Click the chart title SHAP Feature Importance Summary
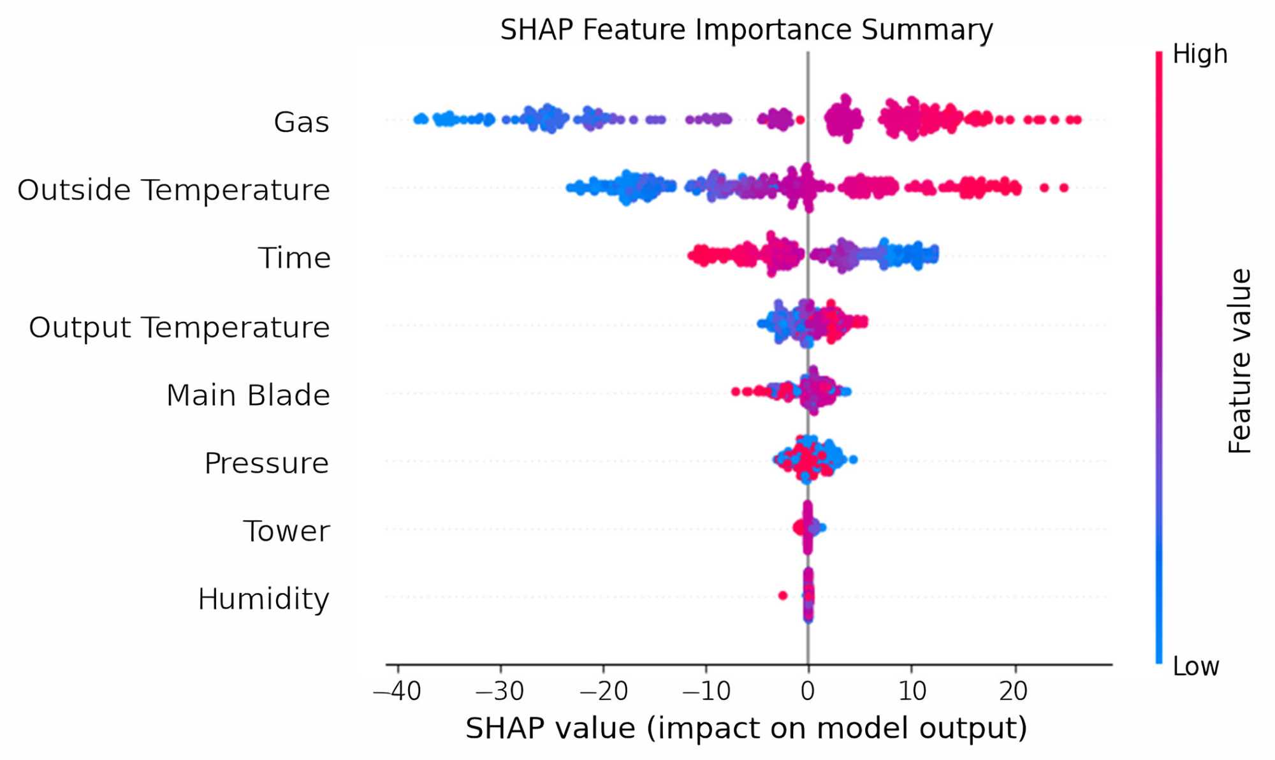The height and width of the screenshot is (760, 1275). (x=746, y=30)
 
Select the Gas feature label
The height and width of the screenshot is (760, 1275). (x=301, y=122)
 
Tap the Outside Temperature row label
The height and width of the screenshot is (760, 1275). (x=173, y=190)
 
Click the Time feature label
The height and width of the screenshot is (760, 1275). (x=294, y=258)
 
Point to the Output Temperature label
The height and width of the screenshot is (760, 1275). (x=179, y=327)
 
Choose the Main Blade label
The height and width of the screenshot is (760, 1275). (x=248, y=395)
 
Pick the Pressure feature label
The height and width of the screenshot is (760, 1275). (x=266, y=464)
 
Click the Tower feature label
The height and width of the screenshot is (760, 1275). (x=286, y=531)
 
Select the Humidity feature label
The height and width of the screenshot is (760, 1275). (x=263, y=599)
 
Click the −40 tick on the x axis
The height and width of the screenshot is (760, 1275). (x=398, y=691)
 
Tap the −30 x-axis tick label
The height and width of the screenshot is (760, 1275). (x=500, y=691)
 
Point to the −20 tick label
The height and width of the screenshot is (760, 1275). (x=603, y=691)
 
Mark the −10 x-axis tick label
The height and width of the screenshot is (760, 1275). (x=706, y=691)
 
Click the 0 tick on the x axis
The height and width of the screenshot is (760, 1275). (x=808, y=691)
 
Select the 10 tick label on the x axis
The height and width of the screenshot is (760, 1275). (x=912, y=691)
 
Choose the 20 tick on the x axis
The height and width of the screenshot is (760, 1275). (x=1014, y=691)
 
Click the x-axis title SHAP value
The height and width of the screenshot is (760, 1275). (x=746, y=728)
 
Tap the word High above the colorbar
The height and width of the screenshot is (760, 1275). (x=1200, y=54)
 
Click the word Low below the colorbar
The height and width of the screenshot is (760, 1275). (x=1196, y=667)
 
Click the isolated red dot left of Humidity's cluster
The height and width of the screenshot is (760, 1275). (x=783, y=596)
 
